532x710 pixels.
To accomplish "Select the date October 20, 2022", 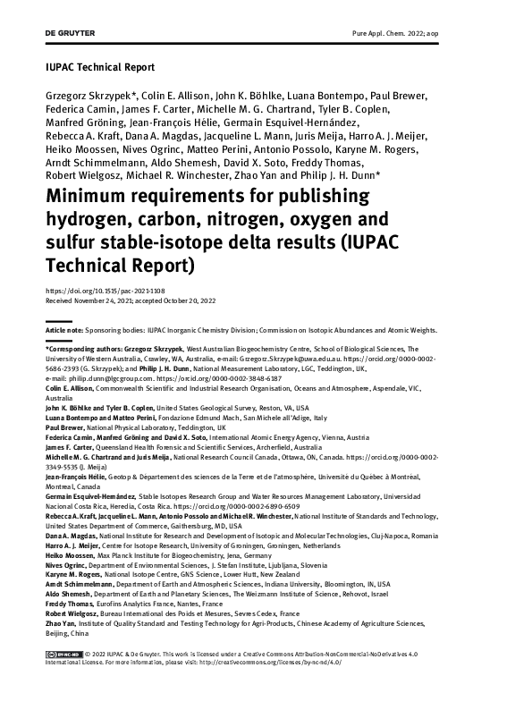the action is [217, 301].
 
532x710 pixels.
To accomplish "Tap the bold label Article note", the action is [63, 330].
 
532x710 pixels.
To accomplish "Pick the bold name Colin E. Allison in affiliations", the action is [73, 388].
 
